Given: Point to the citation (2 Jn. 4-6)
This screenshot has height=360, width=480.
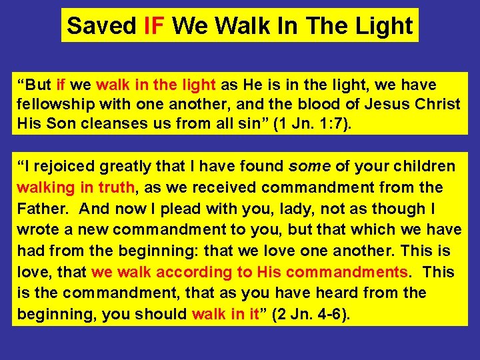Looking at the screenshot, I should pyautogui.click(x=307, y=314).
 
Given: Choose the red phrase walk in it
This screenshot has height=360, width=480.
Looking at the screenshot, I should pyautogui.click(x=225, y=314).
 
